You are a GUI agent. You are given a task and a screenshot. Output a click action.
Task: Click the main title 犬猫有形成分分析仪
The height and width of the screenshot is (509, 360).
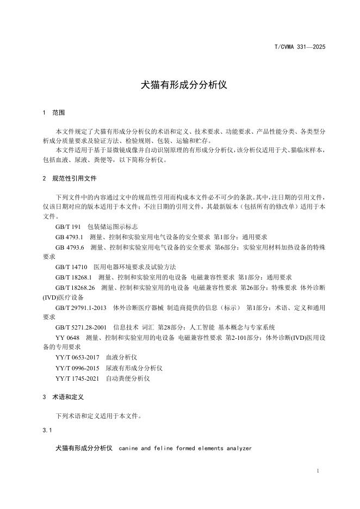(x=179, y=85)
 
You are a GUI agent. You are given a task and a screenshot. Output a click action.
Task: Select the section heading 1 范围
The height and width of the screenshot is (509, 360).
(x=53, y=113)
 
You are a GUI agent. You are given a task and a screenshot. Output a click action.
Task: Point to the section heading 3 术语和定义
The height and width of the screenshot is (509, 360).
(x=63, y=398)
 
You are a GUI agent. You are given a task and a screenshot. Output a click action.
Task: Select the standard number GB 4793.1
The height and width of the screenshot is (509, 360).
(x=69, y=237)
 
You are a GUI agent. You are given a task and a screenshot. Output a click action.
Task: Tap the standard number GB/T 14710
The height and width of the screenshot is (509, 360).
(x=71, y=267)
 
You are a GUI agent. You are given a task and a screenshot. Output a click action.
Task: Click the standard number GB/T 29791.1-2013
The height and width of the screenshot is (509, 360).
(x=81, y=307)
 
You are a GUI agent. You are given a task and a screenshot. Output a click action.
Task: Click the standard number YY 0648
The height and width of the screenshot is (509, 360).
(x=67, y=338)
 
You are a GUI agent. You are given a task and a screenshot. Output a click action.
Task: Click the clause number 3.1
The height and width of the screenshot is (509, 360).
(x=47, y=431)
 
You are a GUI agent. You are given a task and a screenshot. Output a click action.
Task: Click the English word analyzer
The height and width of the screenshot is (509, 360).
(x=237, y=449)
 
